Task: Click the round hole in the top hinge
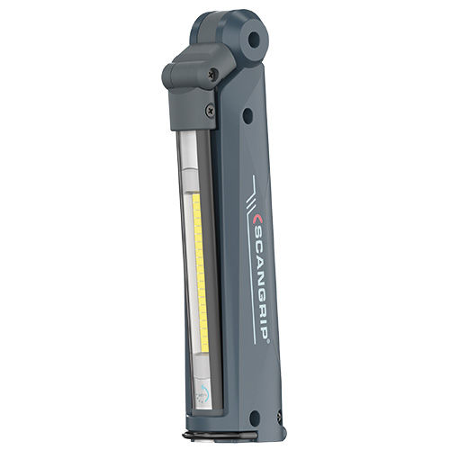coord(254,39)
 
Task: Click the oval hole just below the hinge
coord(247,114)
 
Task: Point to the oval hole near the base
coord(255,418)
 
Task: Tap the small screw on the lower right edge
coord(280,415)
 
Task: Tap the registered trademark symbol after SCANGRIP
coord(269,340)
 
